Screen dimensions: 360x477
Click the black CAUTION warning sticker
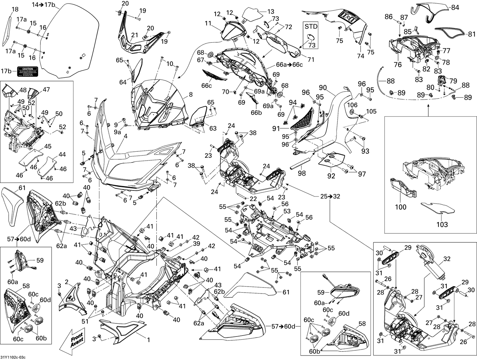(x=27, y=71)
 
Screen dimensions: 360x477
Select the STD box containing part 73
(x=310, y=35)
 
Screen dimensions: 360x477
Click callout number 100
(x=400, y=207)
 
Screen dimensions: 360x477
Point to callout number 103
(x=442, y=225)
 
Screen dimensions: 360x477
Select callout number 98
(x=301, y=173)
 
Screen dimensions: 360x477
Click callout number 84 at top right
(x=455, y=7)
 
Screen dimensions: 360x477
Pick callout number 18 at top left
(x=15, y=10)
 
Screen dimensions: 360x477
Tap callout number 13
(x=270, y=12)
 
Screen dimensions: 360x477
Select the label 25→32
(x=330, y=196)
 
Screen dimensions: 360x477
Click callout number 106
(x=352, y=105)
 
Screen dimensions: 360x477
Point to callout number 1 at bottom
(x=148, y=340)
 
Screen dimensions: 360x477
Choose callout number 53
(x=287, y=211)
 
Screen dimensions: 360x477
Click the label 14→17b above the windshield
(x=43, y=4)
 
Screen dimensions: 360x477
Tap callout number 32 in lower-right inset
(x=447, y=259)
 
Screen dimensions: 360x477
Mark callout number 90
(x=323, y=87)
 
